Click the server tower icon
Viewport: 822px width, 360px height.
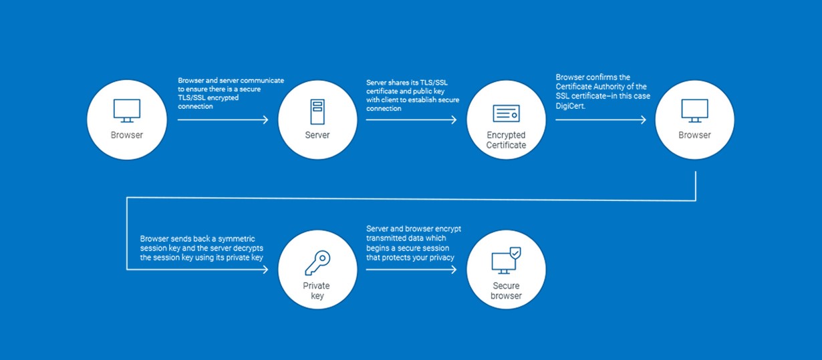317,112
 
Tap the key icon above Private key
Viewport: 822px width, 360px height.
317,262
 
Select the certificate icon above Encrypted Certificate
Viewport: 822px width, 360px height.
506,114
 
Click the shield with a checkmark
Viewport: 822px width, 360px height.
515,252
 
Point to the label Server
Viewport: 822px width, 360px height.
317,135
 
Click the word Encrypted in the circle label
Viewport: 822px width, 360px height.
506,135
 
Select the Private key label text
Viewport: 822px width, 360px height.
317,291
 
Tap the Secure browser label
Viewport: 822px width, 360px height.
506,291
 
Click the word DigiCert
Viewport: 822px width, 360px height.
570,106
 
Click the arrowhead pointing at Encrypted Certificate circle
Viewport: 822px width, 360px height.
454,120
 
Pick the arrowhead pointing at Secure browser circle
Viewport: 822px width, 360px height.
454,270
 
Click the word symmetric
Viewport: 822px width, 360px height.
237,238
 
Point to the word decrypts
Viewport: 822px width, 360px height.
248,248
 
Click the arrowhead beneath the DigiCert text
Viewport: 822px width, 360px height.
644,120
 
